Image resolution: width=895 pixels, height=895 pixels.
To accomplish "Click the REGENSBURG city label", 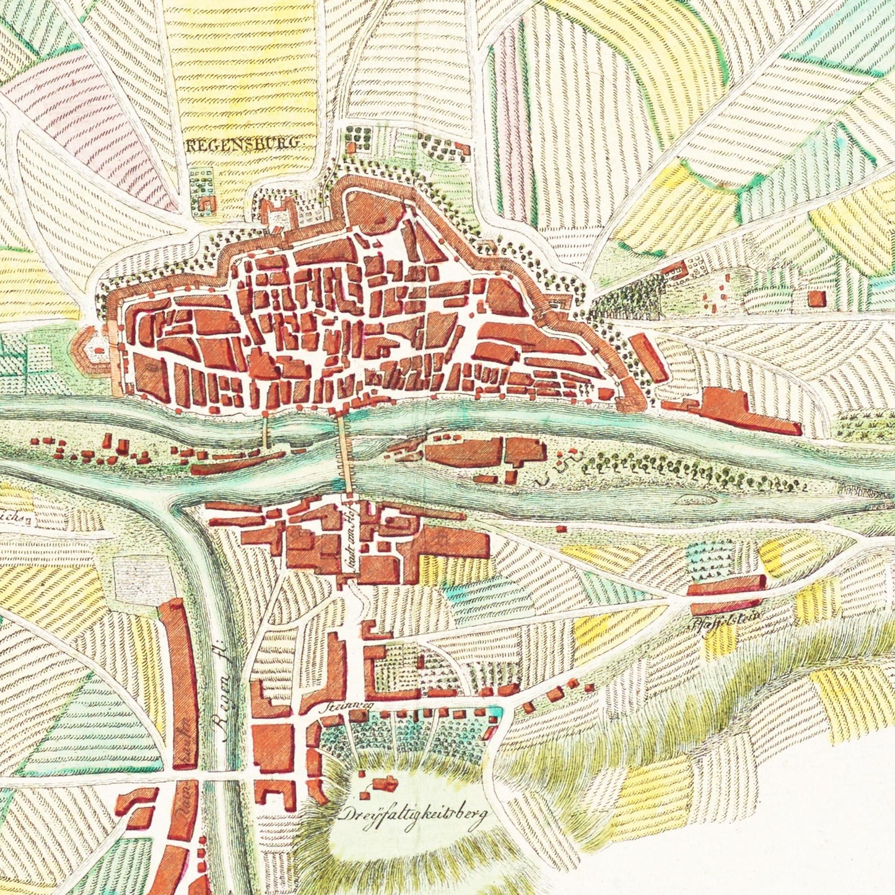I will pos(243,144).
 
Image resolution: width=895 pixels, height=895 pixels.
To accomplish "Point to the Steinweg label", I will pos(335,706).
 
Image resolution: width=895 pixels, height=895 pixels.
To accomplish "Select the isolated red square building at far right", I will pos(817,299).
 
